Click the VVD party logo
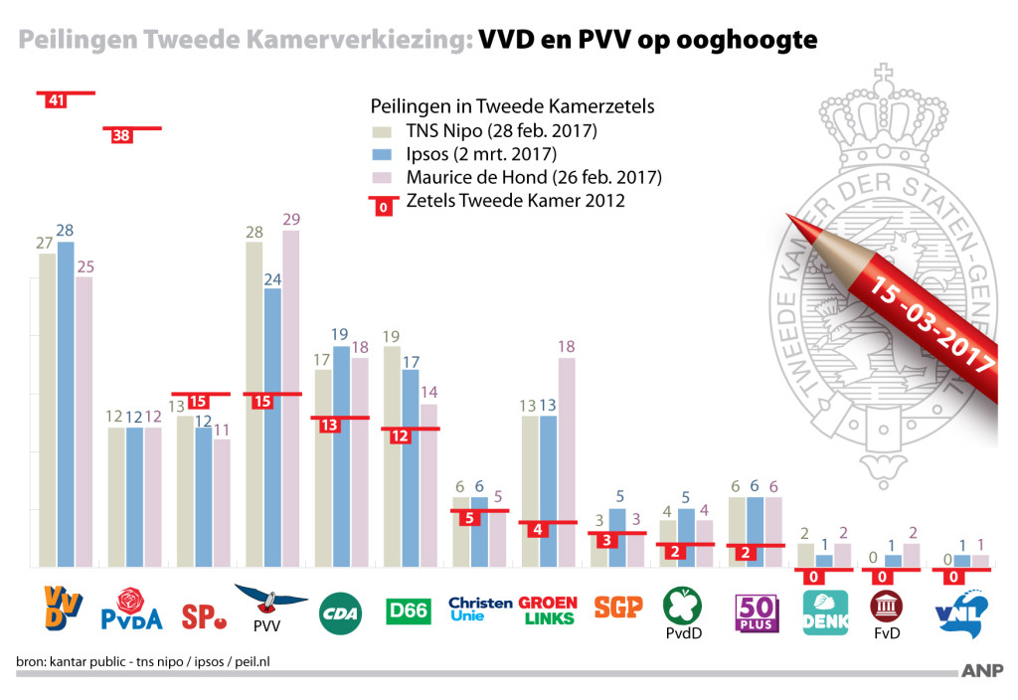coord(61,609)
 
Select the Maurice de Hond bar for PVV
coord(290,398)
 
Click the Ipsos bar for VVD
coord(66,403)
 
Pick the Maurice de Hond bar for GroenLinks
coord(566,462)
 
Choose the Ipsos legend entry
coord(481,154)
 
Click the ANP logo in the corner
coord(982,670)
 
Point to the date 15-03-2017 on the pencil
coord(933,323)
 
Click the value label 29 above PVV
coord(290,219)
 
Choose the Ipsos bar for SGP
coord(617,537)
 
